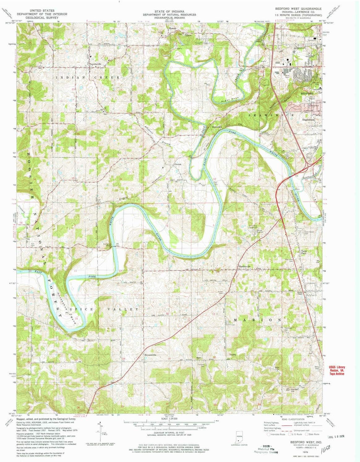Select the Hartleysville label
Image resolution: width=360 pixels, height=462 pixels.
click(244, 266)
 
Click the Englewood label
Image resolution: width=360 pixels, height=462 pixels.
click(308, 119)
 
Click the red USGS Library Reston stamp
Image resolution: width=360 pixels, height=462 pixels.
click(336, 370)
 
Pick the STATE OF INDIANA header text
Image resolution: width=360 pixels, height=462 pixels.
click(169, 11)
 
